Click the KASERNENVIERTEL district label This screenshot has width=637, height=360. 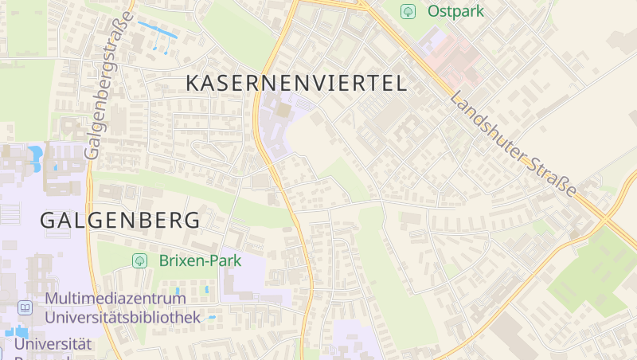click(295, 82)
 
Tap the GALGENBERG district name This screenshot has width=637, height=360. click(119, 220)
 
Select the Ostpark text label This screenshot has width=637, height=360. click(455, 11)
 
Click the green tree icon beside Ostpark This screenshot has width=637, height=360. click(408, 11)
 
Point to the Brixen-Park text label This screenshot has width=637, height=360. click(200, 260)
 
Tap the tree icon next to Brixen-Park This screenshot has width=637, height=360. click(139, 260)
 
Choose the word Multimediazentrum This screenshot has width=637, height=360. click(116, 299)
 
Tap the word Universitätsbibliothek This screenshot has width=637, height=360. click(123, 317)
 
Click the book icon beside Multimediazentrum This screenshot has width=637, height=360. click(25, 307)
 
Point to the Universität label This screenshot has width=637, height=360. click(53, 344)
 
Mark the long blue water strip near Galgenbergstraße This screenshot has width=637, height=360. click(158, 29)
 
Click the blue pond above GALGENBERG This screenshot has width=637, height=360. click(36, 158)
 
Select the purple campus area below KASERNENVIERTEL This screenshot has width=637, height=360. click(283, 119)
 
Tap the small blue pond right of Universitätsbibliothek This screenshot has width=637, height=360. click(212, 317)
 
